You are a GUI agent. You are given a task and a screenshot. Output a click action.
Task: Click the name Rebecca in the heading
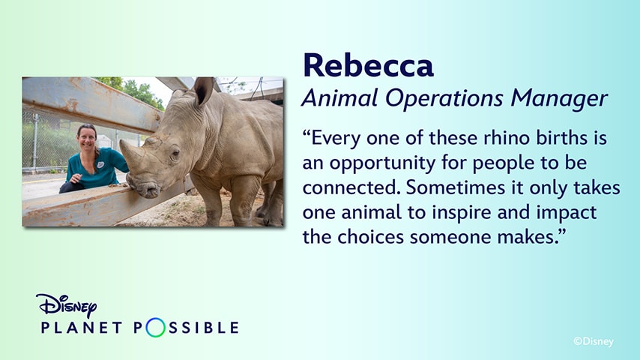367,66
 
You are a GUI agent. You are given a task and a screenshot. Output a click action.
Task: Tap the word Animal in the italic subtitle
332,98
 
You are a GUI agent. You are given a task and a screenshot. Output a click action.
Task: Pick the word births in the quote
546,139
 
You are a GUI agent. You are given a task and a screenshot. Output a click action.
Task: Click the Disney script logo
66,305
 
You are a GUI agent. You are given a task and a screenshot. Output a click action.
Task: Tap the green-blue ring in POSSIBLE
154,328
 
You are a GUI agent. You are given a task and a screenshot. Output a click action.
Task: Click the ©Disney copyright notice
593,341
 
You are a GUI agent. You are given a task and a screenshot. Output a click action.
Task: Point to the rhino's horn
133,156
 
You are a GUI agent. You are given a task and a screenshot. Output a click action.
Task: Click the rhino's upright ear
203,91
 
